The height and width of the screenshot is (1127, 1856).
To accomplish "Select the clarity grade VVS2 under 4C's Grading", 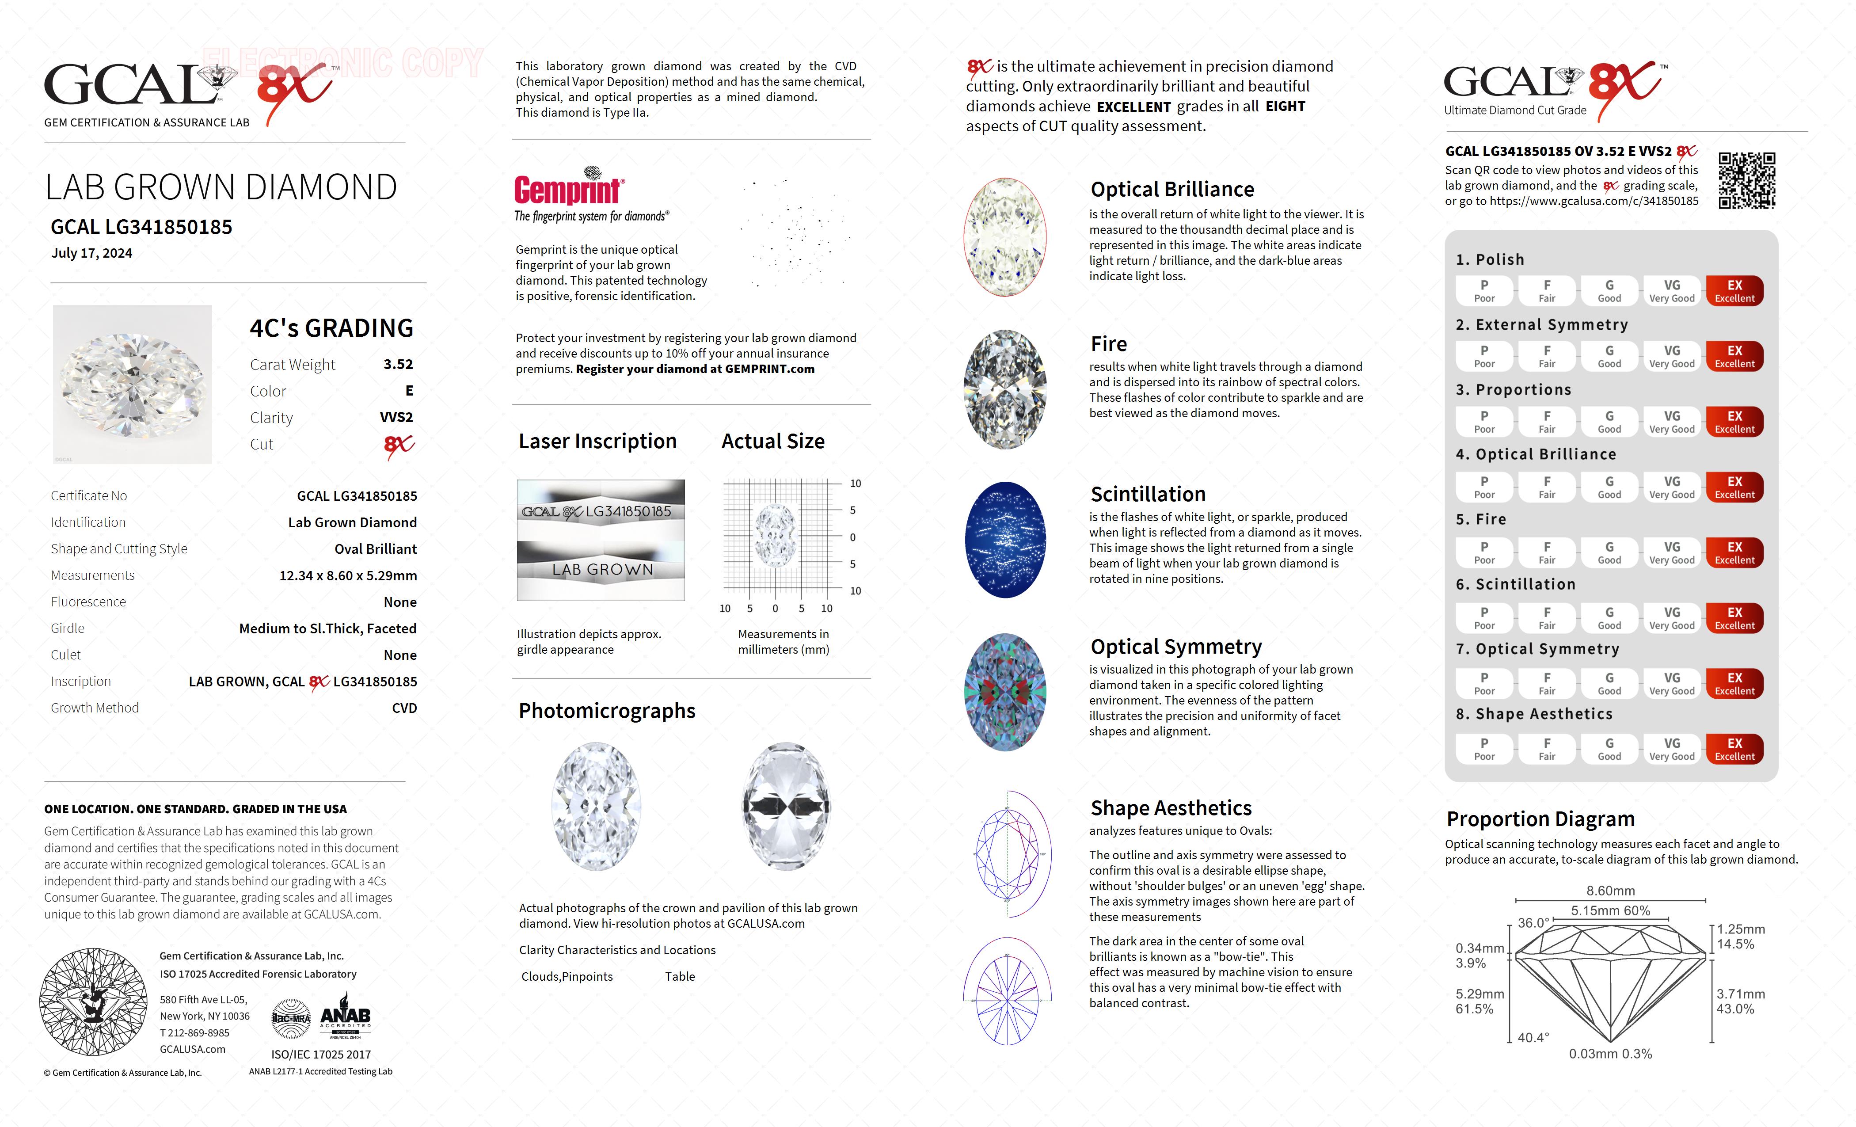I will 396,417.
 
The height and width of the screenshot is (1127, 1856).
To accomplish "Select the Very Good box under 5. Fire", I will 1671,552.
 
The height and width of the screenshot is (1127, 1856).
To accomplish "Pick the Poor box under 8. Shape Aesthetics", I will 1484,749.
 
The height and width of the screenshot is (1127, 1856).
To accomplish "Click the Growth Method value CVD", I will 404,708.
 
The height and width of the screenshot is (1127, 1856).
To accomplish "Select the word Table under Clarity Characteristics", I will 680,976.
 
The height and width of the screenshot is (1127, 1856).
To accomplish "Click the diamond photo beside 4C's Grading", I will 133,384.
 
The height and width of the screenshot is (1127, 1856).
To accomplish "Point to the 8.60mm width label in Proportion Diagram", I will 1610,891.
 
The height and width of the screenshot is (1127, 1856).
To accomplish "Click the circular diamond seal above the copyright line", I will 93,1002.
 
